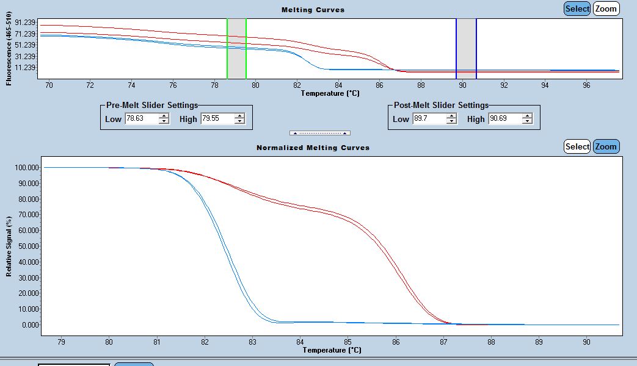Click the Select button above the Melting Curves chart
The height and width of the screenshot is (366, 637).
click(x=577, y=9)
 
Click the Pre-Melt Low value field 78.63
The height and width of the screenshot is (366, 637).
click(x=140, y=119)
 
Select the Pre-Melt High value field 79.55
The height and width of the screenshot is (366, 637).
click(x=216, y=119)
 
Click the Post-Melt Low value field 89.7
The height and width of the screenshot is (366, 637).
click(x=429, y=119)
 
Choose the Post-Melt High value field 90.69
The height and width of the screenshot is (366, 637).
click(x=504, y=119)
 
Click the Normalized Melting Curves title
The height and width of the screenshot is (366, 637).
click(x=313, y=148)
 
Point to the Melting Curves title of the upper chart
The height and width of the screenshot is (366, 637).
click(x=313, y=10)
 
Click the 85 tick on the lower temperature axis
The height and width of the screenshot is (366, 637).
click(x=348, y=342)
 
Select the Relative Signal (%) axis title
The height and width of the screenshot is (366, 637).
click(x=9, y=246)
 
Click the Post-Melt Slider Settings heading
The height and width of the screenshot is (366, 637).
click(x=441, y=105)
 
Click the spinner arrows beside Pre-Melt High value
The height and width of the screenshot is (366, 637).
click(x=239, y=119)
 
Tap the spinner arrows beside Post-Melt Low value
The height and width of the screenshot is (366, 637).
click(x=451, y=119)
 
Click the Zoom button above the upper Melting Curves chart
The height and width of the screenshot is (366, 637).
click(x=606, y=9)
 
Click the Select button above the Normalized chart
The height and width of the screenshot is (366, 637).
click(x=577, y=146)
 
